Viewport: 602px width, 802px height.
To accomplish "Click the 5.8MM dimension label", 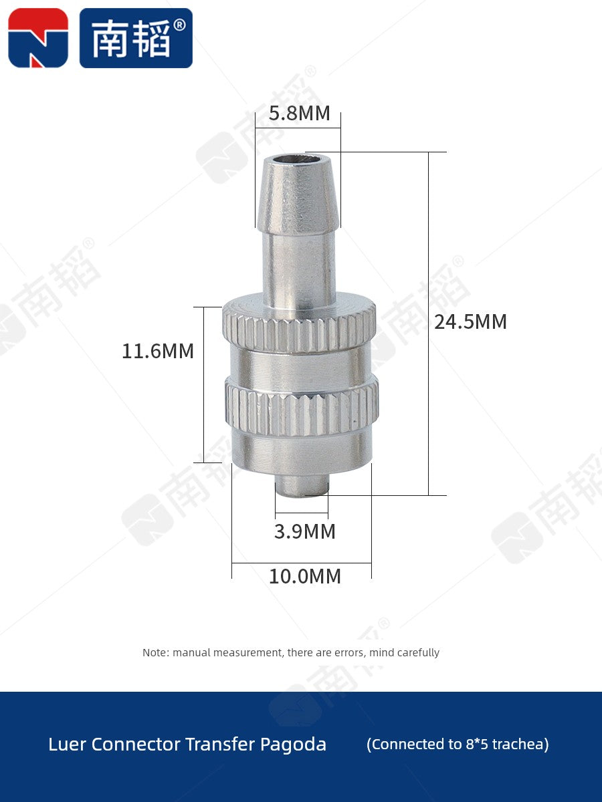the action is coord(300,113).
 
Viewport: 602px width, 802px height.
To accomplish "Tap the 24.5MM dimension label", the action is coord(470,322).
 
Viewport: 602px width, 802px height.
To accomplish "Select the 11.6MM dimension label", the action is coord(158,351).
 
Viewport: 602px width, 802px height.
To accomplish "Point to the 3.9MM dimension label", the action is coord(304,531).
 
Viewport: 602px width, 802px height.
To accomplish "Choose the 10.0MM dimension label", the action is coord(305,576).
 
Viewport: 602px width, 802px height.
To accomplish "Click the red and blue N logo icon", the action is coord(38,38).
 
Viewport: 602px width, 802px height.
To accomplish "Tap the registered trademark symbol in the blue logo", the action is coord(179,25).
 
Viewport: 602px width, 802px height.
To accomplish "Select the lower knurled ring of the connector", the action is coord(302,408).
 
